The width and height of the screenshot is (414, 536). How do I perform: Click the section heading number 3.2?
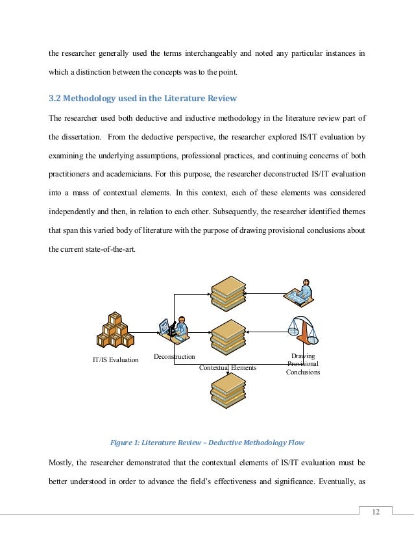[x=57, y=98]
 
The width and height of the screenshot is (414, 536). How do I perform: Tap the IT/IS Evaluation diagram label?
[x=114, y=359]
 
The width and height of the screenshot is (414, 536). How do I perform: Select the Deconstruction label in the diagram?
[x=174, y=357]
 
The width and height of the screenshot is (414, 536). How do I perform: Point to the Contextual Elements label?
[x=228, y=367]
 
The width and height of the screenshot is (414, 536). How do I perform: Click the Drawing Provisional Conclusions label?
[x=303, y=364]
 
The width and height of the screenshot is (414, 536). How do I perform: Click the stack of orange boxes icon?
[x=115, y=331]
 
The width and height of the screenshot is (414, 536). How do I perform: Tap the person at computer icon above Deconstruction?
[x=175, y=329]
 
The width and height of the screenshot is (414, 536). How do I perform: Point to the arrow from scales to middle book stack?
[x=267, y=330]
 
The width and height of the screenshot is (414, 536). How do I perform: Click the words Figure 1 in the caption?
[x=126, y=443]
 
